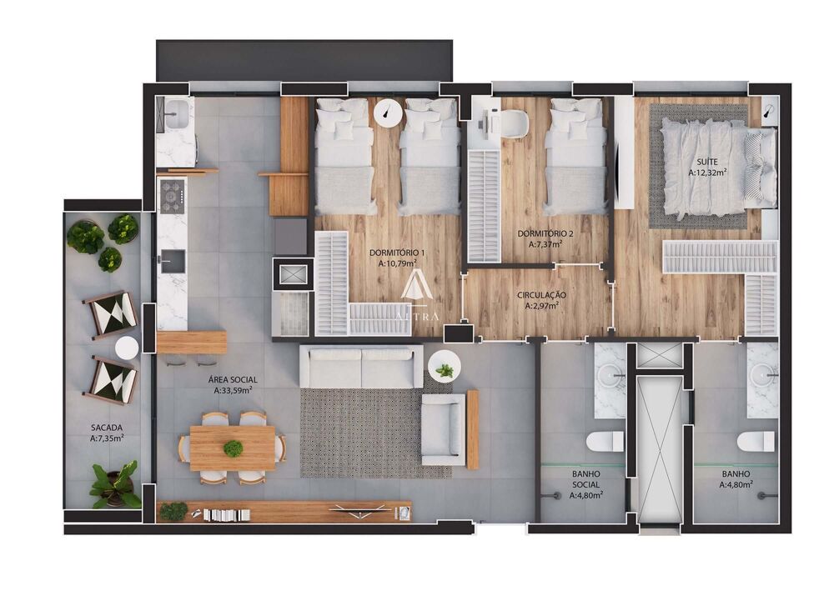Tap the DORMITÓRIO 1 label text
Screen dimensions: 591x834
(x=399, y=257)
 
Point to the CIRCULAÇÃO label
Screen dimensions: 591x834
(x=542, y=300)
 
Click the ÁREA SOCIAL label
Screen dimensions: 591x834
(x=233, y=383)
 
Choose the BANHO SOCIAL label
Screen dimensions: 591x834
(x=586, y=488)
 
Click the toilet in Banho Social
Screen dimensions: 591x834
(x=605, y=440)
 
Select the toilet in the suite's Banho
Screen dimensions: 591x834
(x=756, y=440)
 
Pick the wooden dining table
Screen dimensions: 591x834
(x=233, y=448)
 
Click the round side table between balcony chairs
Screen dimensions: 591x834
(x=126, y=348)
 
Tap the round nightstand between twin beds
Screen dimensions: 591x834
(x=387, y=113)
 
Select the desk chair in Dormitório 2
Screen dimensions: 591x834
(x=512, y=123)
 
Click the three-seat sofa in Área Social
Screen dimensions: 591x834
(x=361, y=367)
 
